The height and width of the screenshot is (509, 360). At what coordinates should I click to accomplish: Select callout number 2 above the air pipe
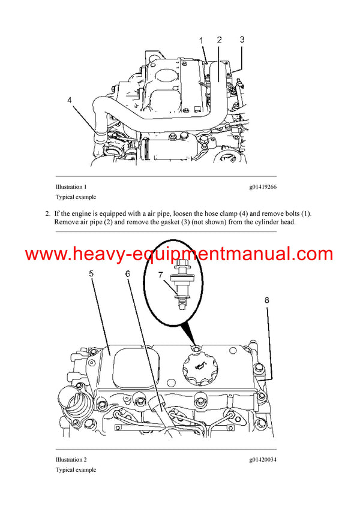219,40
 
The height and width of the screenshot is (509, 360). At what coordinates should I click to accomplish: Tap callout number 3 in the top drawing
242,40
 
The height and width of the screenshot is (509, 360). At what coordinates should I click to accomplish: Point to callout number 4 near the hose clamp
70,101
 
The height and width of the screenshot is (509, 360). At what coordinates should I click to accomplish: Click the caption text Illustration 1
71,187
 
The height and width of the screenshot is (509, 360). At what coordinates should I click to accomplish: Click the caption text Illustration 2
71,460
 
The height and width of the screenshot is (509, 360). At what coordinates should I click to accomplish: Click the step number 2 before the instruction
47,213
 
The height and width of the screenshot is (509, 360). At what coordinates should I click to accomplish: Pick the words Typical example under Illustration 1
76,197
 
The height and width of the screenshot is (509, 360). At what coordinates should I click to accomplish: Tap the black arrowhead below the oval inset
191,333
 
